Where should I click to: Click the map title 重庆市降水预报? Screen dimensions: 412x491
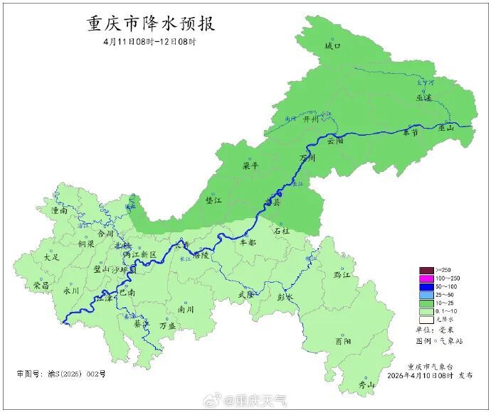[151, 23]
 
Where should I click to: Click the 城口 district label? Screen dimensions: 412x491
[333, 45]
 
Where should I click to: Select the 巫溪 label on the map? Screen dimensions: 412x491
[425, 98]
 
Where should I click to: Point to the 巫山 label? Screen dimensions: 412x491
[446, 128]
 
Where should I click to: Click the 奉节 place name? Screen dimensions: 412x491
[411, 133]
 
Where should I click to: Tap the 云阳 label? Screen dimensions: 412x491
[335, 141]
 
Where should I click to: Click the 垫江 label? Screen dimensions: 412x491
[213, 201]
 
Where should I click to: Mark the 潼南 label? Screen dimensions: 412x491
[59, 211]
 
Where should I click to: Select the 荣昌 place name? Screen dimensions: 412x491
[41, 285]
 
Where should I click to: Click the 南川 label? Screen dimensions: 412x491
[186, 309]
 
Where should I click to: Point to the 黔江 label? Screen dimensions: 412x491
[342, 274]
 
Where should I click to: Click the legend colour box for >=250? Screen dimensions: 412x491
[426, 270]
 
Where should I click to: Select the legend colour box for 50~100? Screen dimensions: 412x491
[426, 286]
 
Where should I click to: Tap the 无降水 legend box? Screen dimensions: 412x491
[426, 319]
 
